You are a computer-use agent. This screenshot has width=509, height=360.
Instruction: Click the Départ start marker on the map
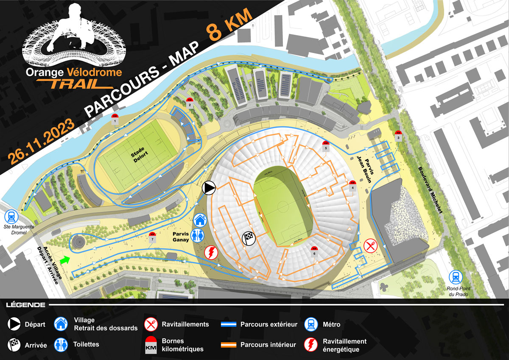209,187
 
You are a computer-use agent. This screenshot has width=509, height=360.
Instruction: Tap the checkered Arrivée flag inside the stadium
248,238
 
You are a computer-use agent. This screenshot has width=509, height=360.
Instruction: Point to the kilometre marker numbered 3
398,135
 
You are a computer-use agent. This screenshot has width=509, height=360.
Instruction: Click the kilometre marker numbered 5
326,146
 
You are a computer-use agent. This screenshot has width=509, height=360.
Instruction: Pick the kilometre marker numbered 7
152,237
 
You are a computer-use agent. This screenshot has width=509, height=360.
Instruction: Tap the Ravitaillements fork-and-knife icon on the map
370,245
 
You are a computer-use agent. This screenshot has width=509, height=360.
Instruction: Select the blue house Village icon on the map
200,220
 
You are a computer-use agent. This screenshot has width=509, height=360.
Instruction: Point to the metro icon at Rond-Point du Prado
456,277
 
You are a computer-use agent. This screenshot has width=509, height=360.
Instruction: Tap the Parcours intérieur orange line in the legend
229,344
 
